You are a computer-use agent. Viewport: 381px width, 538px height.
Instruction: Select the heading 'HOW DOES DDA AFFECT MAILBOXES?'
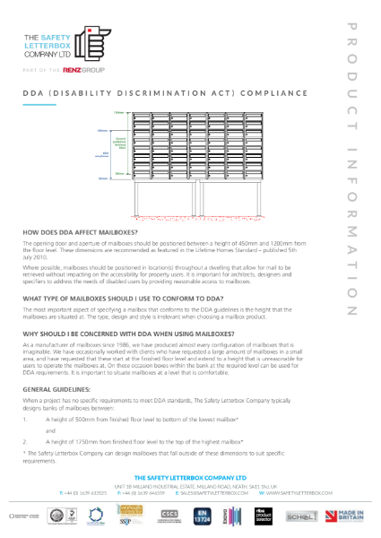point(75,232)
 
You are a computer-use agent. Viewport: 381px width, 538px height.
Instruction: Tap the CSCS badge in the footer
point(169,515)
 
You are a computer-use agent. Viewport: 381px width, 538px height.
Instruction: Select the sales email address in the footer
point(212,493)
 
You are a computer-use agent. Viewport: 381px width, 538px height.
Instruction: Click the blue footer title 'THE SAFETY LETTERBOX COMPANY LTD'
point(190,477)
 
